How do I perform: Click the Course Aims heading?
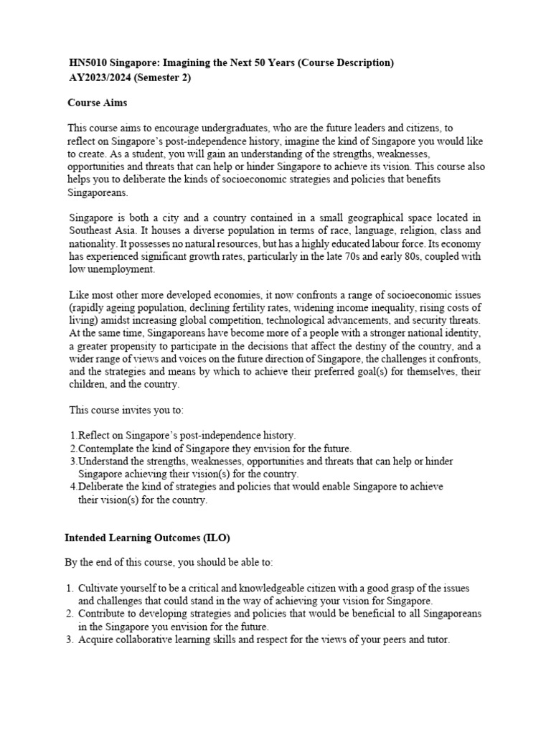pyautogui.click(x=97, y=103)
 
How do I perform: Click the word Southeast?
pyautogui.click(x=90, y=230)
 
